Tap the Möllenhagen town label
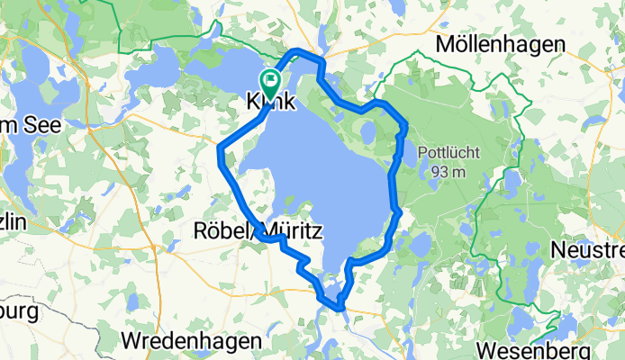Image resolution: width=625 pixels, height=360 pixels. (x=500, y=44)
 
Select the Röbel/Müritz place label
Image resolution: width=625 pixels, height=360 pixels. (x=258, y=231)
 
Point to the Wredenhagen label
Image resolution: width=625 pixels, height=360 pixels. (x=191, y=341)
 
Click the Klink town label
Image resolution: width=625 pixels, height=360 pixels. (x=271, y=103)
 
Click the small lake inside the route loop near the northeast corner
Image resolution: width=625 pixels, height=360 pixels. (x=367, y=133)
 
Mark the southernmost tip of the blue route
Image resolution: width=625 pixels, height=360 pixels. (x=340, y=309)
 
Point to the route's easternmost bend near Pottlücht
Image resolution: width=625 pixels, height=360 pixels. (x=406, y=124)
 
